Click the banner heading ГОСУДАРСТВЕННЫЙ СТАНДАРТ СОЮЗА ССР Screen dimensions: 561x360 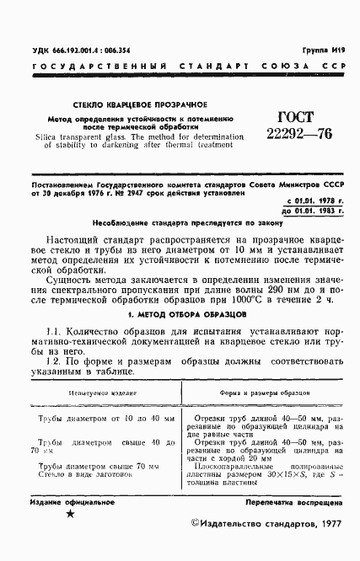(180, 66)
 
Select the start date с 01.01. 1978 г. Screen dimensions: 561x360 (311, 200)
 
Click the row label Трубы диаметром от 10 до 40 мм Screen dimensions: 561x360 (104, 418)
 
